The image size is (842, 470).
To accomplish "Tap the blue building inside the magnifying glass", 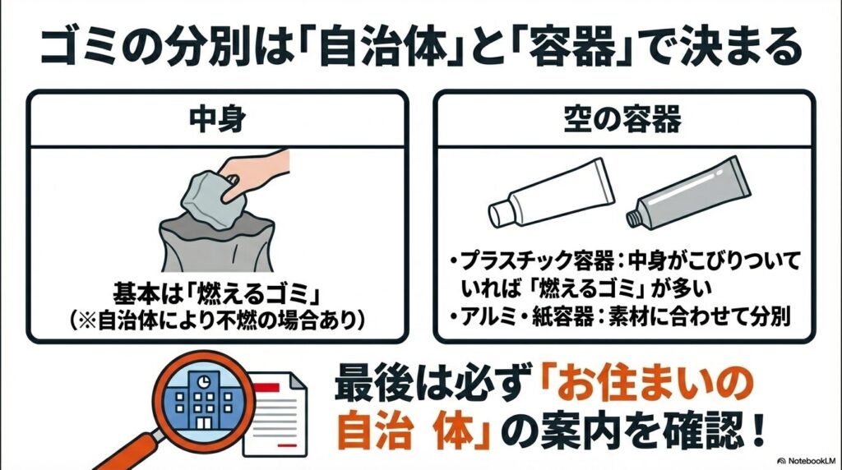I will point(200,397).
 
